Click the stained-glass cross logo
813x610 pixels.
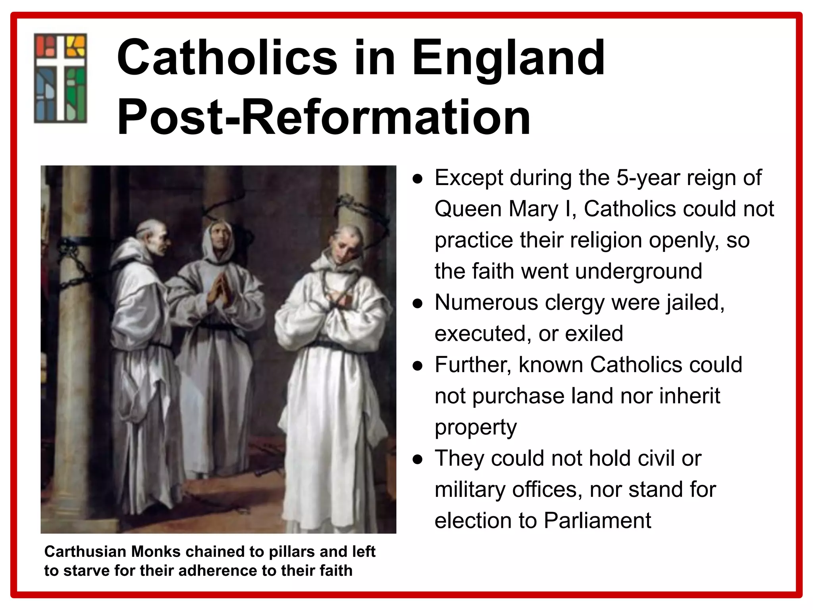[x=60, y=78]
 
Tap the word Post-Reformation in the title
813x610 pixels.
[x=324, y=118]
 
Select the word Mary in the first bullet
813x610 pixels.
[x=533, y=209]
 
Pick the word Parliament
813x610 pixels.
[x=597, y=521]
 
